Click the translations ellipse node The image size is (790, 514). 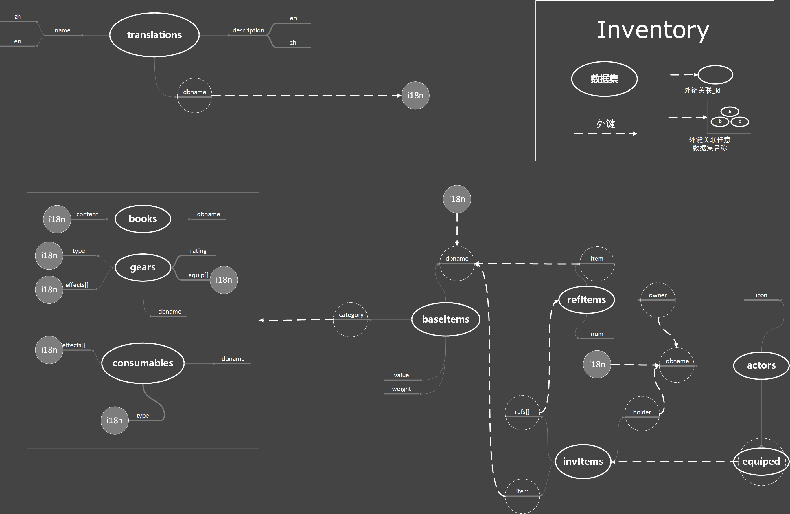click(x=154, y=35)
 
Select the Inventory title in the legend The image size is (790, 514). click(x=653, y=30)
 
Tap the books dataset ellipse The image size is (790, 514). click(x=143, y=219)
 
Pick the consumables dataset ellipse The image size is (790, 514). click(x=143, y=363)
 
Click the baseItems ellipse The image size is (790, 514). click(x=445, y=319)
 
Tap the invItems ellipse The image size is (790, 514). click(x=583, y=462)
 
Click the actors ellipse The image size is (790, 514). click(x=761, y=365)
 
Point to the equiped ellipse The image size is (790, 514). click(x=761, y=462)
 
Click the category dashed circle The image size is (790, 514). click(x=351, y=320)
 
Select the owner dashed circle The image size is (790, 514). click(x=658, y=300)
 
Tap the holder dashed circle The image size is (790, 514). click(x=642, y=413)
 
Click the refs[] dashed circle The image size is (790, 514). click(x=522, y=413)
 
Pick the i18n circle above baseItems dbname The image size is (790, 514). click(x=457, y=199)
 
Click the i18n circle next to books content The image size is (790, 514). click(x=57, y=219)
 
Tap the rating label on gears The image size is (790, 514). click(x=198, y=251)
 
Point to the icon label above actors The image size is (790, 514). click(x=761, y=295)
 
